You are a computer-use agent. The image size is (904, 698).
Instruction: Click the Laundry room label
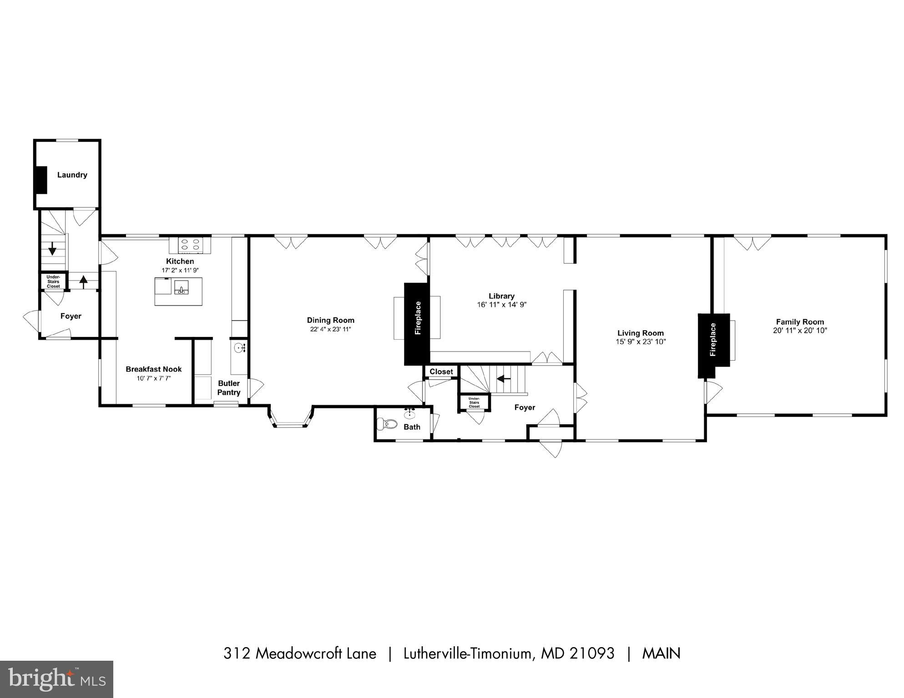[x=72, y=175]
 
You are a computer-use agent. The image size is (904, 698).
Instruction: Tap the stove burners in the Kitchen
[x=190, y=245]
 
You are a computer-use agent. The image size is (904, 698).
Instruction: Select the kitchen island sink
[x=181, y=288]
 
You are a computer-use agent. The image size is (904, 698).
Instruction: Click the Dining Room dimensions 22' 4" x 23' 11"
[x=330, y=329]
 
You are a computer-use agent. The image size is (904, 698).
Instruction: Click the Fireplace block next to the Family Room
[x=713, y=346]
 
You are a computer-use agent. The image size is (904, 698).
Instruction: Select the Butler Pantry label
[x=228, y=388]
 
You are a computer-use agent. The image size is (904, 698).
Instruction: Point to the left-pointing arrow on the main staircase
[x=503, y=378]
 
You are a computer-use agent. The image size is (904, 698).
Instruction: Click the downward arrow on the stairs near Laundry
[x=52, y=248]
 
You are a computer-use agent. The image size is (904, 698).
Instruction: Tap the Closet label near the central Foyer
[x=441, y=372]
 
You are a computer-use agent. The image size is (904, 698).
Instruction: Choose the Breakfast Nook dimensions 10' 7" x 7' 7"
[x=154, y=378]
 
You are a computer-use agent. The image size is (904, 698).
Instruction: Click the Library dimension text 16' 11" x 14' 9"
[x=501, y=305]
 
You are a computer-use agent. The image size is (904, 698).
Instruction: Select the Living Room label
[x=640, y=333]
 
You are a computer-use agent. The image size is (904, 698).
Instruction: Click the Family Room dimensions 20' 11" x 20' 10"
[x=799, y=331]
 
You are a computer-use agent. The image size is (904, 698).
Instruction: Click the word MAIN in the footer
[x=661, y=654]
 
